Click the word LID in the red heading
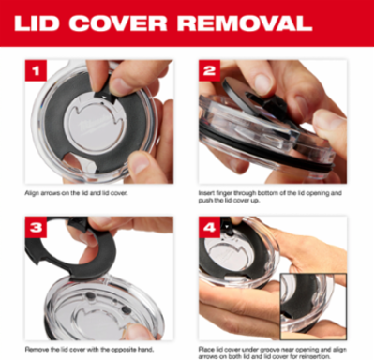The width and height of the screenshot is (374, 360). tap(37, 23)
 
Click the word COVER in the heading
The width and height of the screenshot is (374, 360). tap(119, 23)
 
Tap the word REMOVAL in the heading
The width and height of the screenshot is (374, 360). tap(245, 23)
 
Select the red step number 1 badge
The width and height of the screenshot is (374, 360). tap(36, 70)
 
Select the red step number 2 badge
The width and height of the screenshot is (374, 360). tap(209, 70)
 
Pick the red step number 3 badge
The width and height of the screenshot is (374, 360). tap(36, 227)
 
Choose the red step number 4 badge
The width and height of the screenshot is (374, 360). tap(209, 227)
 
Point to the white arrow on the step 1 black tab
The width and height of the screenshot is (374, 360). tap(103, 97)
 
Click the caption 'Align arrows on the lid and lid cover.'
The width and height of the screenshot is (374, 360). tap(76, 193)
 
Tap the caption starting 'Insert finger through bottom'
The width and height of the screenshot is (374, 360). tap(270, 197)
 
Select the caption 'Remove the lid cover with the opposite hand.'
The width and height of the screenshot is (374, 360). tap(89, 349)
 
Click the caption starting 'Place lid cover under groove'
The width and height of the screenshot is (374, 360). tap(272, 352)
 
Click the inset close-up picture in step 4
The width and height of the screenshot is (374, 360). tap(313, 307)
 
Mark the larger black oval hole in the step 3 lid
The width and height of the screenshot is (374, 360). tap(126, 309)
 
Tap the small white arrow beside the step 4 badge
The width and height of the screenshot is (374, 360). tap(226, 225)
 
